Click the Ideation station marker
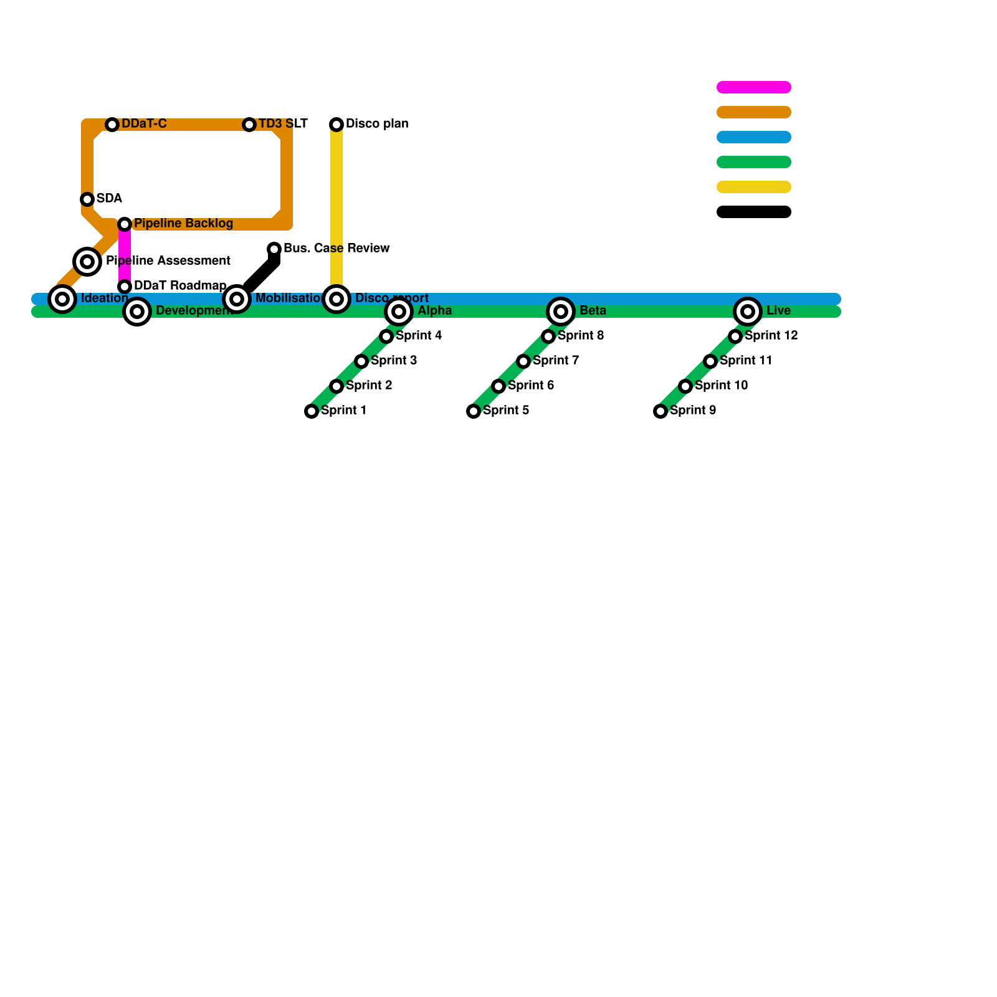coord(62,299)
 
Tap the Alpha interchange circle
coord(399,312)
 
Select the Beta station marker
coord(561,312)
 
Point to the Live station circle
coord(748,312)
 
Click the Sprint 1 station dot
coord(312,411)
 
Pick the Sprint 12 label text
coord(771,336)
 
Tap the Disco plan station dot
coord(336,125)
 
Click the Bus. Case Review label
coord(336,249)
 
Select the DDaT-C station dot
coord(112,125)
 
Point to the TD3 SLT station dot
coord(249,125)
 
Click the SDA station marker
coord(87,199)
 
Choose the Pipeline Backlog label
coord(183,224)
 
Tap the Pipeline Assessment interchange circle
coord(87,262)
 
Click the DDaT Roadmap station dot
coord(125,287)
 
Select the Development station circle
coord(137,312)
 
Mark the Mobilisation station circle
coord(237,299)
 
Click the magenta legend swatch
coord(754,87)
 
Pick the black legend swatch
coord(754,212)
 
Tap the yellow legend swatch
coord(754,187)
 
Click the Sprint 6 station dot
coord(499,386)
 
